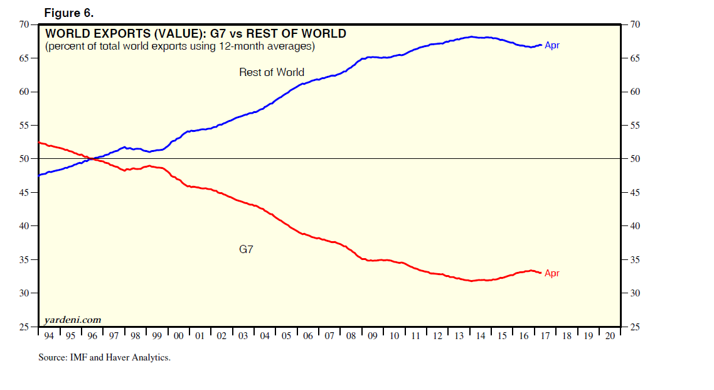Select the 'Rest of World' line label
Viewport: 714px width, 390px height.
click(271, 72)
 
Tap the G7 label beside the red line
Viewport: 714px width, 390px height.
click(247, 249)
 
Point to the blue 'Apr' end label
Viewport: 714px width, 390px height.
click(552, 45)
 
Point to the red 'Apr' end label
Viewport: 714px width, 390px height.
click(552, 273)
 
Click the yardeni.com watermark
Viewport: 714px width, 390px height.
click(73, 320)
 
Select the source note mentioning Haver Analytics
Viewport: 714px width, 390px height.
click(104, 357)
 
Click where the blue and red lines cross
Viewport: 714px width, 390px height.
click(92, 159)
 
